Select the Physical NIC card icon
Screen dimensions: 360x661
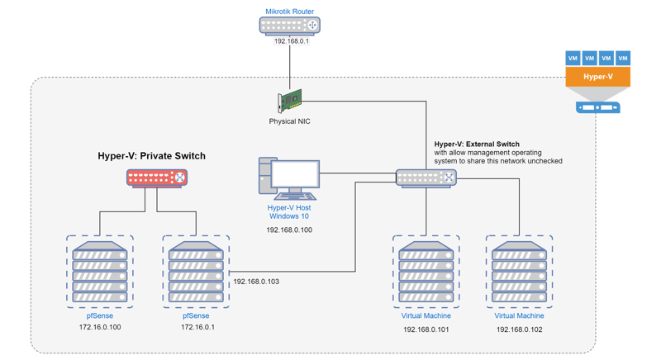(289, 101)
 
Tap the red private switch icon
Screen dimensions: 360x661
(156, 177)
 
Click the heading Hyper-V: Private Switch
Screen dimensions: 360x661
(152, 154)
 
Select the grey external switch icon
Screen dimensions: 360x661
(426, 177)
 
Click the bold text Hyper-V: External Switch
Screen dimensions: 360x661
(477, 144)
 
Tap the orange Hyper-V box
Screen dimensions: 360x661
(598, 78)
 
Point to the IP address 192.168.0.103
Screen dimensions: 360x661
(256, 282)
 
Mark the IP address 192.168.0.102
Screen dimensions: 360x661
(519, 329)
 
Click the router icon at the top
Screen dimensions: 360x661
(289, 25)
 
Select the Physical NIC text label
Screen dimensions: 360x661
(289, 121)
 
